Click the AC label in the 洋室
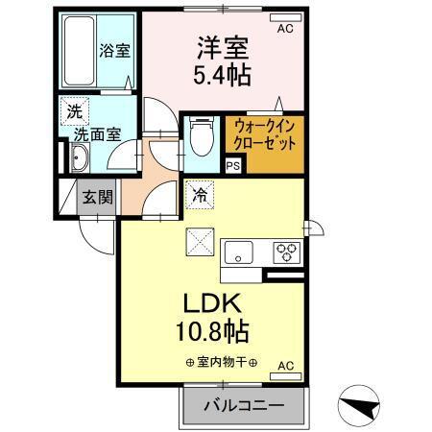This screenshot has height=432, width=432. (x=284, y=30)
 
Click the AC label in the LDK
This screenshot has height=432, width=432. (x=285, y=366)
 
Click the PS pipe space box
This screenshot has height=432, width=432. (x=232, y=165)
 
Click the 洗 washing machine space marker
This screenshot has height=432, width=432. (x=74, y=111)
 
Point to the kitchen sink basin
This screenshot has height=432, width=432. (x=238, y=253)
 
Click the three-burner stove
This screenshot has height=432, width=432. (x=286, y=252)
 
